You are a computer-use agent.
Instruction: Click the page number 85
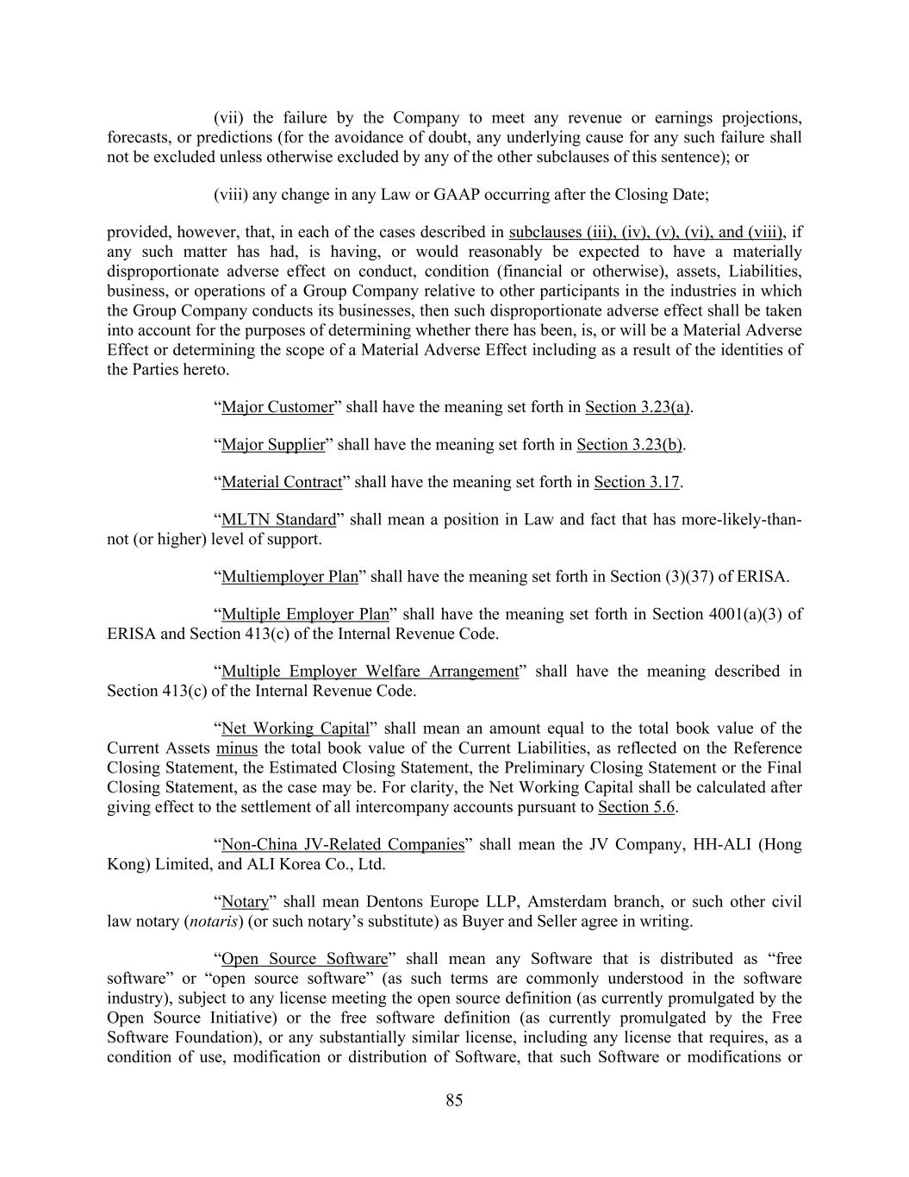coord(454,1099)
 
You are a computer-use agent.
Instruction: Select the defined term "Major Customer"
coord(277,407)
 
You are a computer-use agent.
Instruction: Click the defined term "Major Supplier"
coord(273,445)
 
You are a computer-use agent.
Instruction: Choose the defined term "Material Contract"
coord(282,482)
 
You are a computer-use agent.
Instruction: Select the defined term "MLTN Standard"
coord(278,519)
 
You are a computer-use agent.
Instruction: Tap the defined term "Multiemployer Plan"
coord(290,577)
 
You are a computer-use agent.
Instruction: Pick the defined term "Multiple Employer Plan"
coord(305,614)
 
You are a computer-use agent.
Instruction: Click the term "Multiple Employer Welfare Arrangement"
coord(370,672)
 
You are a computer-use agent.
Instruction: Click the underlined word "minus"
coord(237,748)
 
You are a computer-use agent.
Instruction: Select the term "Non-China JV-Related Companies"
coord(343,844)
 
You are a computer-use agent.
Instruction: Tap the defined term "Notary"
coord(245,902)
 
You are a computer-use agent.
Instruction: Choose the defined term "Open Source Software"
coord(304,959)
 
